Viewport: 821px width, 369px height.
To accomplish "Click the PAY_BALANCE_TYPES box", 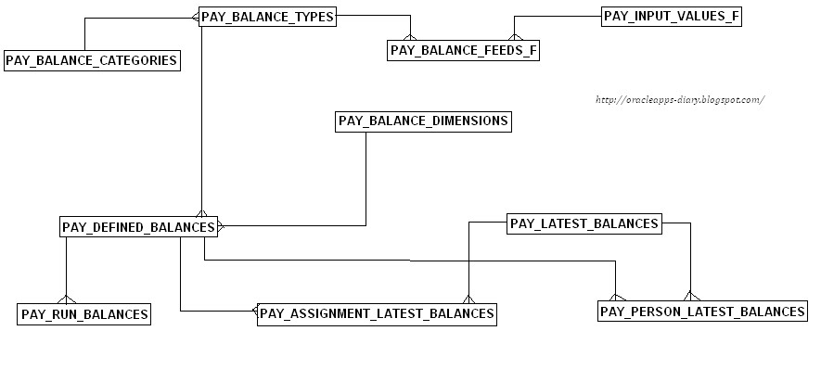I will coord(267,17).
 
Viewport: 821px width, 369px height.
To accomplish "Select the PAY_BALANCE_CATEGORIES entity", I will coord(91,61).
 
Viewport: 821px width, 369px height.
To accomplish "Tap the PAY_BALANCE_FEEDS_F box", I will coord(463,51).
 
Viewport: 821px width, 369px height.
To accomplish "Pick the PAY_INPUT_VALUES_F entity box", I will coord(672,16).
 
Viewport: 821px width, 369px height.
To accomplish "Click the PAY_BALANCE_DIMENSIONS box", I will coord(423,121).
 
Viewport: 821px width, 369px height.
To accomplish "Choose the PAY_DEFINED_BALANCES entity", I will coord(138,226).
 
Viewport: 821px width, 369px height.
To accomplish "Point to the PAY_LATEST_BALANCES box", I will coord(584,223).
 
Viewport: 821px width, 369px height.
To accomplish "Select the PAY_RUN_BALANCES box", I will coord(84,314).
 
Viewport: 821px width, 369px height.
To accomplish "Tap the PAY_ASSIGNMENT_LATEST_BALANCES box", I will coord(376,313).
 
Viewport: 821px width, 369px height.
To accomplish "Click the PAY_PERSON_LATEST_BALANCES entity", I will coord(702,312).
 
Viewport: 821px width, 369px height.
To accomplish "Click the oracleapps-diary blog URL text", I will coord(677,99).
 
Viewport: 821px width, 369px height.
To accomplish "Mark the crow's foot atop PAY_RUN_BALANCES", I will coord(66,299).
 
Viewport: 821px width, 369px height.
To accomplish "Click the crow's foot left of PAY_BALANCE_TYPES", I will coord(195,17).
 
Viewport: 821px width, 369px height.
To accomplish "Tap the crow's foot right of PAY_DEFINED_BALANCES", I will coord(221,225).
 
